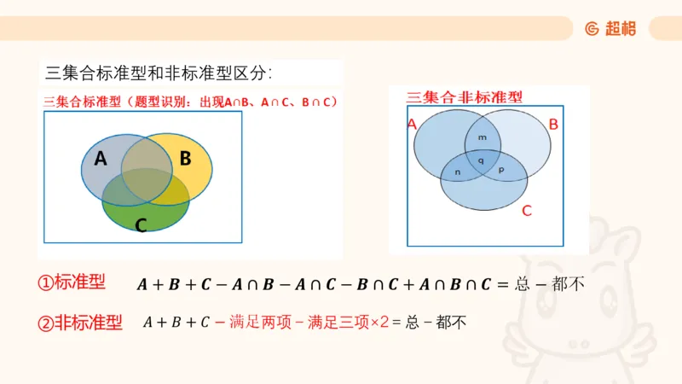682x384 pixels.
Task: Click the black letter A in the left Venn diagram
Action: [x=101, y=158]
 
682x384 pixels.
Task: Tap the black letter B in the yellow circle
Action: [x=185, y=158]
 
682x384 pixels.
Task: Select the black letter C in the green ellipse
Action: [x=141, y=225]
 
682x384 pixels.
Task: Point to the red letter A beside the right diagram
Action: [x=412, y=125]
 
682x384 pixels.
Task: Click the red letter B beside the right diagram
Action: [x=553, y=125]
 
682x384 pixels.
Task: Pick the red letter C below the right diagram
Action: [x=526, y=210]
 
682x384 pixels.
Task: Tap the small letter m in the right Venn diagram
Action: [x=483, y=137]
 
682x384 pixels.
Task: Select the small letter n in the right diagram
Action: [x=458, y=172]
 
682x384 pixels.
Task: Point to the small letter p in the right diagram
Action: [x=500, y=171]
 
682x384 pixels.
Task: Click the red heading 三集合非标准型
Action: [x=465, y=96]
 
